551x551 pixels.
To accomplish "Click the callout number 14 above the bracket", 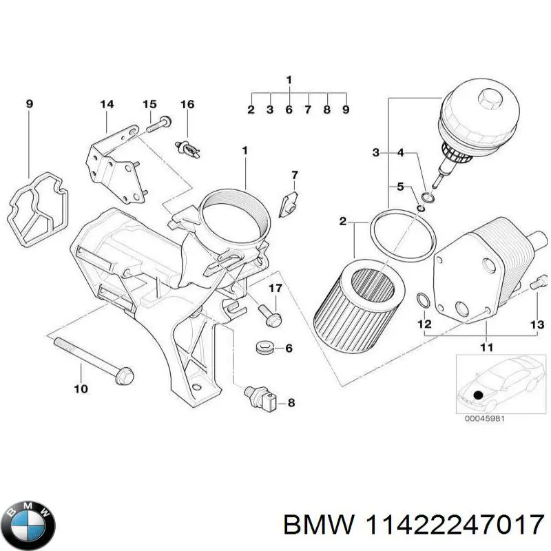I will (106, 105).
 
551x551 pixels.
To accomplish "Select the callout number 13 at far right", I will (537, 324).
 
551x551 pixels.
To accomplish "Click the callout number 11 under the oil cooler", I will (486, 348).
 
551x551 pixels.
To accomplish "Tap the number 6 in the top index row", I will (289, 110).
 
